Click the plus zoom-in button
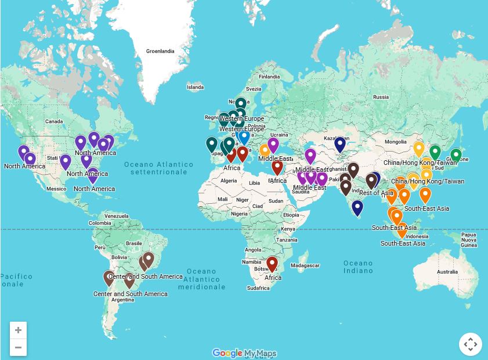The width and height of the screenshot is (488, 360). [18, 330]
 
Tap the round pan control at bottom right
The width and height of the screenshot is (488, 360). [470, 344]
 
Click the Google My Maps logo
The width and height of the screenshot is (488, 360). [244, 353]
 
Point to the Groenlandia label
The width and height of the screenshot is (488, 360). [160, 51]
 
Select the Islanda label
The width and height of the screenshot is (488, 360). [195, 87]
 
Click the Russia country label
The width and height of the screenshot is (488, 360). [381, 97]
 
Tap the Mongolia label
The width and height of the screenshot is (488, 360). [396, 142]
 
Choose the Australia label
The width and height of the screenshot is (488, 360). [447, 272]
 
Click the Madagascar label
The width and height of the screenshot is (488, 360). [305, 265]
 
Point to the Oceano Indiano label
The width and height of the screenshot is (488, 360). [358, 267]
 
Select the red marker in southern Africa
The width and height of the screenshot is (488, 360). [272, 264]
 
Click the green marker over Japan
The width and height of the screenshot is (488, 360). [456, 155]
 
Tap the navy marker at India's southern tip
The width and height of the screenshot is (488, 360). [357, 207]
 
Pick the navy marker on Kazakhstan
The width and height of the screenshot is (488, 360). [340, 143]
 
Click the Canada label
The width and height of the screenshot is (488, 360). [54, 121]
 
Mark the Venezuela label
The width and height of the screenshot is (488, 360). [117, 216]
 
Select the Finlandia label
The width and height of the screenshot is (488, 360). [269, 77]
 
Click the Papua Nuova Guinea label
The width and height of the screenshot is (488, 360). [469, 240]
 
